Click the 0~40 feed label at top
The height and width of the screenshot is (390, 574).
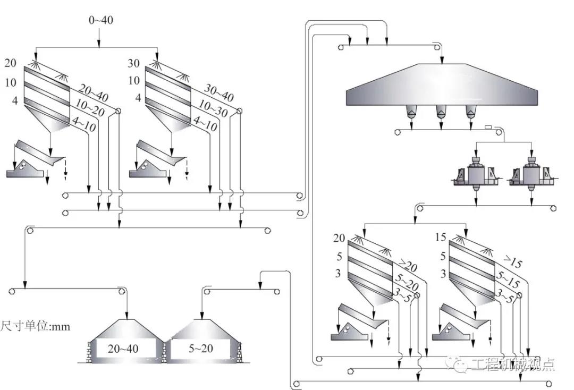coord(100,20)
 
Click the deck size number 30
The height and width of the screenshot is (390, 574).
coord(133,63)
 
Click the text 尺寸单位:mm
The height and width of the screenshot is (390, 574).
coord(35,326)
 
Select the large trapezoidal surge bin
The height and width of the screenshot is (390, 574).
coord(443,86)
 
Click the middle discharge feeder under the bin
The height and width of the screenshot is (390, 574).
coord(441,112)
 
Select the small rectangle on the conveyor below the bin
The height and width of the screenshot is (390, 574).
coord(488,127)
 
